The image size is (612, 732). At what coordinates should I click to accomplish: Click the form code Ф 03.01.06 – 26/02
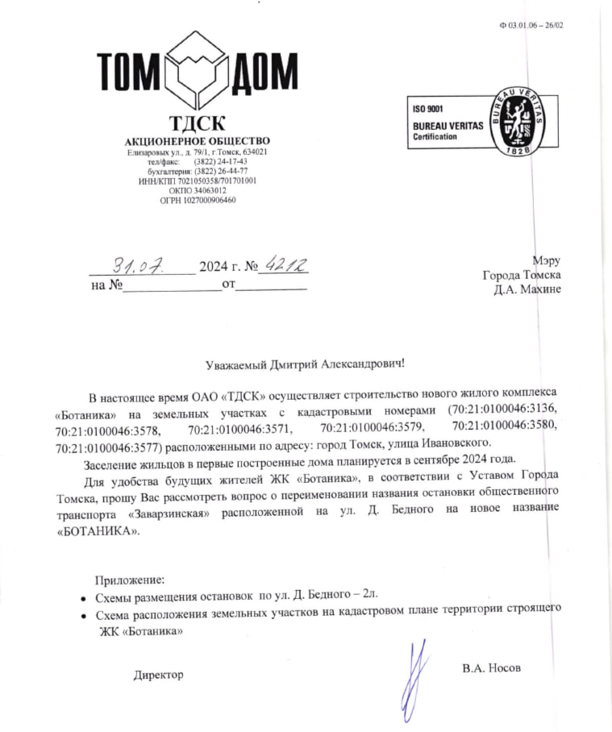(x=531, y=25)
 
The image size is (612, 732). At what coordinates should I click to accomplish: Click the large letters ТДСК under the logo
(x=197, y=124)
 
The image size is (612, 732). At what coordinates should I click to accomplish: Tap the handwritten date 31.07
(x=142, y=264)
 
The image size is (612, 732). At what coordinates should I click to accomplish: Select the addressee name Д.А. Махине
(x=527, y=289)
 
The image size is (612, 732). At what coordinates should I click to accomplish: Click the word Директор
(x=159, y=674)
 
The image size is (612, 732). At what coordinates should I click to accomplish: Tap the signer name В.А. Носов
(x=492, y=668)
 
